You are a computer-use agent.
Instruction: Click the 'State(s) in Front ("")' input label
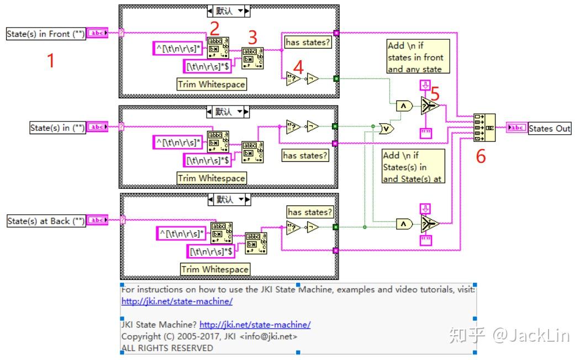pos(46,34)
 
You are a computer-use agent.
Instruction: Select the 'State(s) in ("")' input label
pos(57,128)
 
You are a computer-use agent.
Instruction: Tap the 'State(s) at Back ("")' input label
pos(46,221)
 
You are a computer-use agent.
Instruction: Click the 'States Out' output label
pos(550,128)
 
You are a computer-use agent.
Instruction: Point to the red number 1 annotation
pos(51,60)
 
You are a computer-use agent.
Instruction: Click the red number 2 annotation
pos(215,27)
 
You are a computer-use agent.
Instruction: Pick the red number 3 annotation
pos(252,38)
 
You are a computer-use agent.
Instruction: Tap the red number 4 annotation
pos(298,67)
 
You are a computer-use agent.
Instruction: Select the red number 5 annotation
pos(435,94)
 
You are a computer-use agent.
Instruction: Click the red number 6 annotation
pos(481,156)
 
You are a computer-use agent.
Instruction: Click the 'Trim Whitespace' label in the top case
pos(211,84)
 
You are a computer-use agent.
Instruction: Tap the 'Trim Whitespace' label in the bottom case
pos(215,269)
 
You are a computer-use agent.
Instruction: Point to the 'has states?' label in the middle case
pos(305,156)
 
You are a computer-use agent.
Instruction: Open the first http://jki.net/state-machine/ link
pos(177,301)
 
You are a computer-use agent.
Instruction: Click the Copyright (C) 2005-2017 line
pos(209,336)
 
